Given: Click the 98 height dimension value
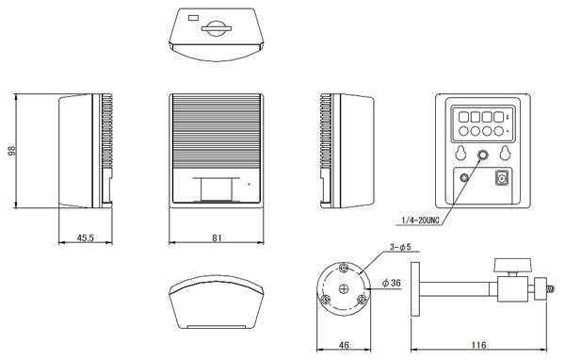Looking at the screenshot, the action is [x=12, y=151].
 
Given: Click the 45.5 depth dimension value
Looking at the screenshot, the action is [x=85, y=237].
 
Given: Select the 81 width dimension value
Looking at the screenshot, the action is [x=217, y=237].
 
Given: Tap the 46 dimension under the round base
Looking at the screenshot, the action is [x=344, y=345].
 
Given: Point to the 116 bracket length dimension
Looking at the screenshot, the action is [x=478, y=345].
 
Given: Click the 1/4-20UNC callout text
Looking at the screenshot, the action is [x=421, y=220].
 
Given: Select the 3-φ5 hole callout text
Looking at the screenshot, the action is [x=400, y=247].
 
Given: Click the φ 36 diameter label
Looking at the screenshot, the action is [x=392, y=283].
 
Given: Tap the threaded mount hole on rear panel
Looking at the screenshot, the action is [x=482, y=155].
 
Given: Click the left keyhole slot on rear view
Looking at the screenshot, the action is [x=460, y=153].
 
